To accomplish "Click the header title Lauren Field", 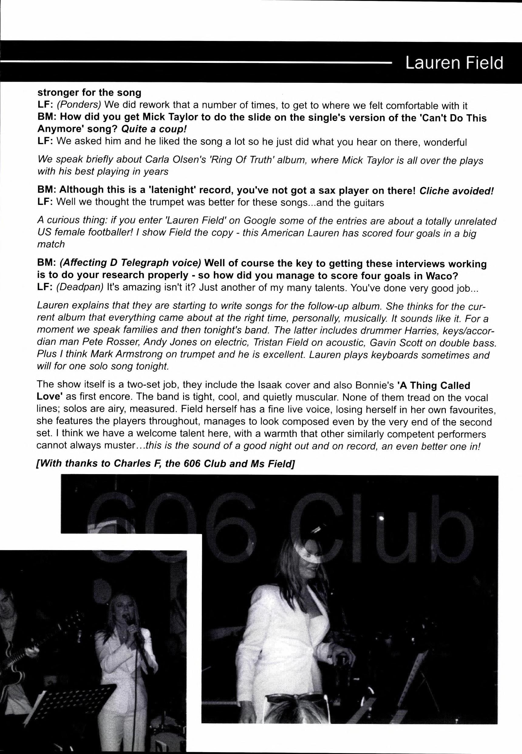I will tap(454, 63).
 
